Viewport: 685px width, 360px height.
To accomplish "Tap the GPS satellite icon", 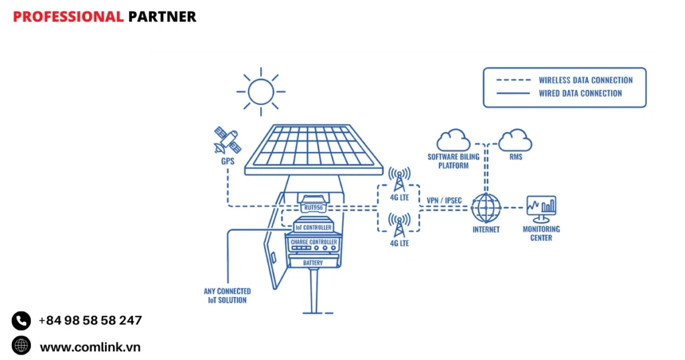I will pyautogui.click(x=226, y=140).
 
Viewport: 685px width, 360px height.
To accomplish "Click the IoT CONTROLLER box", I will pyautogui.click(x=313, y=228).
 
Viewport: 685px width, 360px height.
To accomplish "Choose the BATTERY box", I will pyautogui.click(x=313, y=263).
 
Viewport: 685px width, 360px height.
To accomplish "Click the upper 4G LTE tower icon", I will pyautogui.click(x=399, y=178).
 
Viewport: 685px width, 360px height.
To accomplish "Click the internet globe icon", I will pyautogui.click(x=486, y=208).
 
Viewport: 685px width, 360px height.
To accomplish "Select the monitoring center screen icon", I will pyautogui.click(x=541, y=208).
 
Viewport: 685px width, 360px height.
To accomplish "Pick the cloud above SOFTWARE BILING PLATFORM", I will pyautogui.click(x=453, y=140).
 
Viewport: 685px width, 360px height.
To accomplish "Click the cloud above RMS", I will pyautogui.click(x=515, y=140).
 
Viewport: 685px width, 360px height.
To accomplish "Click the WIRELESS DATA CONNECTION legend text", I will pyautogui.click(x=585, y=80).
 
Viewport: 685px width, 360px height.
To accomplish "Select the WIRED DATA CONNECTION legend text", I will pyautogui.click(x=580, y=94).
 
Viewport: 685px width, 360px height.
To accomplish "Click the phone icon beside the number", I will pyautogui.click(x=21, y=321).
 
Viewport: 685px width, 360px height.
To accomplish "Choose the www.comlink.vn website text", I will pyautogui.click(x=90, y=347).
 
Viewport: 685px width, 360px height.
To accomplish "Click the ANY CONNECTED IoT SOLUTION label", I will pyautogui.click(x=227, y=296).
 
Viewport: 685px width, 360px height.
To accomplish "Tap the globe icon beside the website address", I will pyautogui.click(x=21, y=346).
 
